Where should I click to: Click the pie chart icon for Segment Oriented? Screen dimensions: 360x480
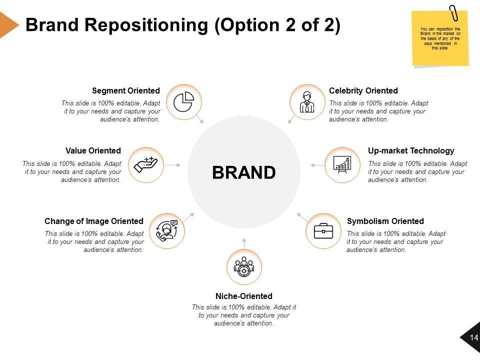point(184,102)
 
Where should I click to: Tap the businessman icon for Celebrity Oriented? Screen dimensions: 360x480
point(307,102)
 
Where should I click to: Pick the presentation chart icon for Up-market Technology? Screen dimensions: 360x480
point(342,164)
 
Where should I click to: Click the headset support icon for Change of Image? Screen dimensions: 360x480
point(167,230)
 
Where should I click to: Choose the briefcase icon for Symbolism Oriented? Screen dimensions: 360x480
point(323,231)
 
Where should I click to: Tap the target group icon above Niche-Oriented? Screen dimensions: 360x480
point(244,267)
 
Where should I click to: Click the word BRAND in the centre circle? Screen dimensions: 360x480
point(244,172)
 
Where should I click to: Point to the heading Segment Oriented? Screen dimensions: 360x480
point(126,91)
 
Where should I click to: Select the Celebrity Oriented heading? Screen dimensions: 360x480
point(363,91)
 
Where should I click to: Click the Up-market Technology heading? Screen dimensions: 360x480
point(411,150)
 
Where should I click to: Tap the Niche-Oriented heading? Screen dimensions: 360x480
point(244,296)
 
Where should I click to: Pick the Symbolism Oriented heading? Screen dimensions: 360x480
point(385,221)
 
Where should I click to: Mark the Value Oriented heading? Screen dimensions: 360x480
point(93,150)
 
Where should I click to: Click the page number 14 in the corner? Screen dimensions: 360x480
point(473,338)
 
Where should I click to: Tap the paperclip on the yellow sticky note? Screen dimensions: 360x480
point(453,13)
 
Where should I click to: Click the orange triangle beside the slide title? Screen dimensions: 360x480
point(7,24)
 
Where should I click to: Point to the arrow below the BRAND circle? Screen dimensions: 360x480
point(244,242)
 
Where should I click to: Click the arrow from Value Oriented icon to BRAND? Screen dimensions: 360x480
point(172,164)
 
